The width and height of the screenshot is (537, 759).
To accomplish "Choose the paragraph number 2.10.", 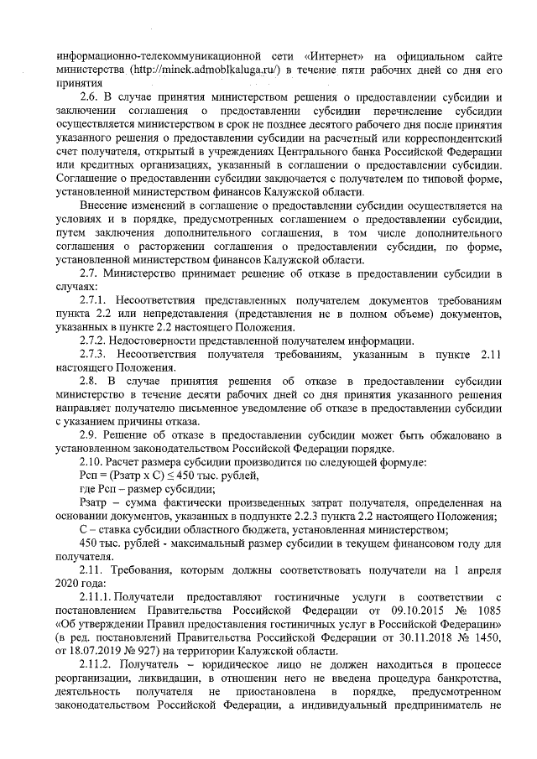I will pyautogui.click(x=91, y=460).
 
